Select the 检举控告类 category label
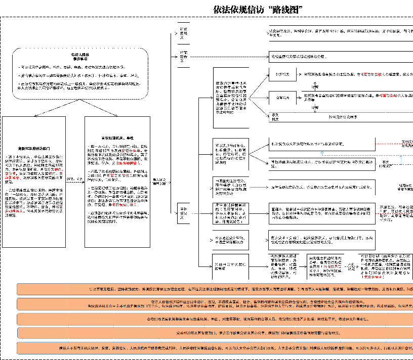[183, 57]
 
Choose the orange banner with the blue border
[215, 333]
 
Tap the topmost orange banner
[215, 289]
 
